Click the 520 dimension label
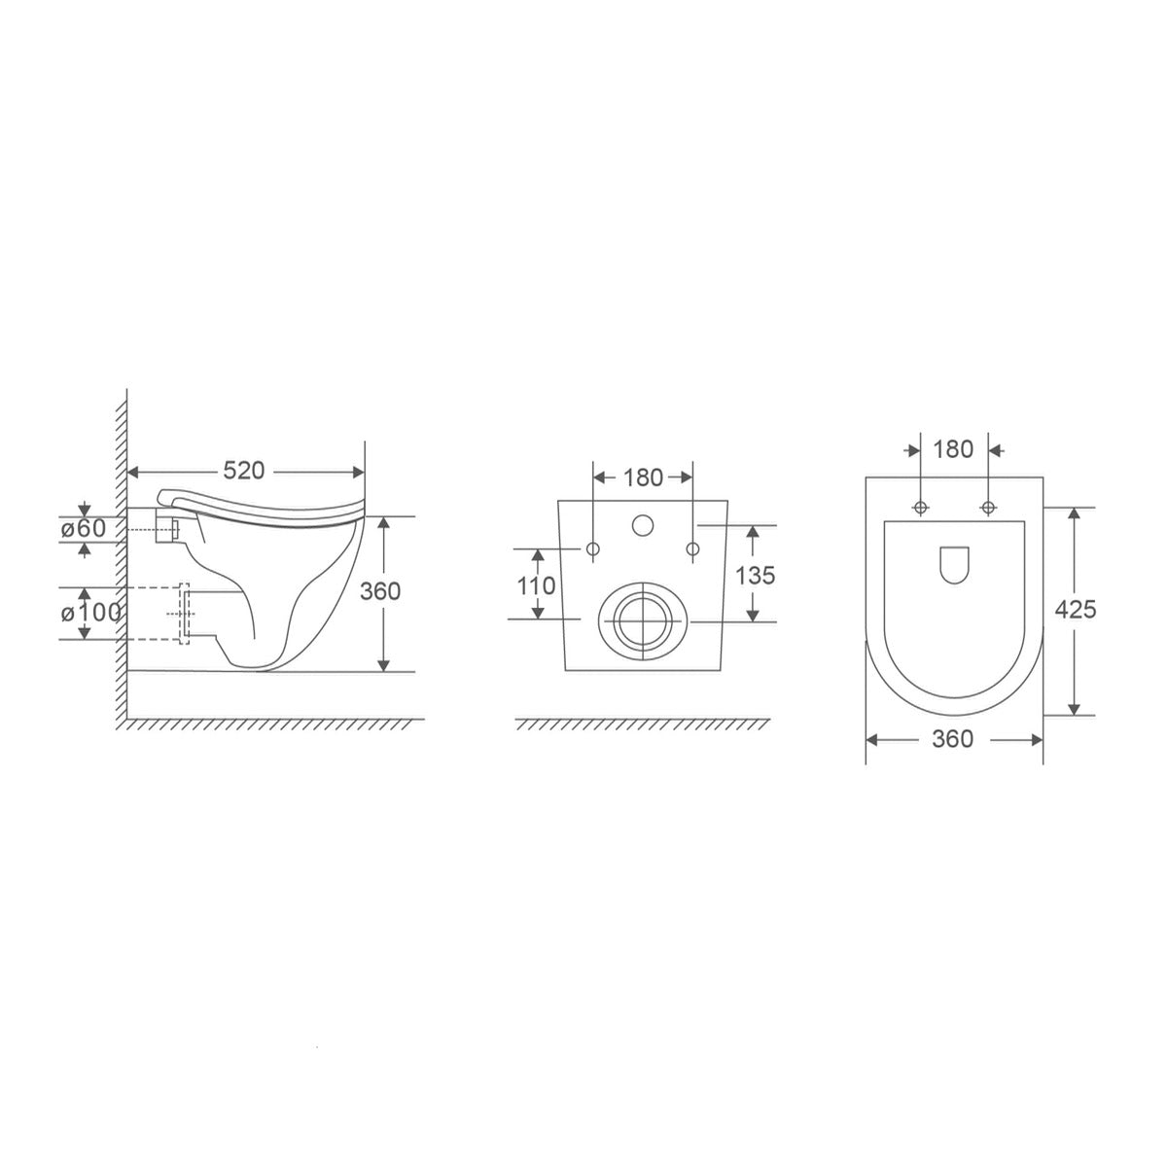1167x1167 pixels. pos(243,471)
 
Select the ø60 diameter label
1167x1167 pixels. pos(84,528)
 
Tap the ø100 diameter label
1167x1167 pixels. pos(90,613)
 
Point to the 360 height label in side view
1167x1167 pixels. pos(380,591)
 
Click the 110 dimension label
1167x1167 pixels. pos(536,585)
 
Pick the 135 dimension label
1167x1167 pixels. pos(756,576)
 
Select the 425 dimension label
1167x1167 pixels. pos(1076,609)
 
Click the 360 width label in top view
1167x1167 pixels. pos(953,739)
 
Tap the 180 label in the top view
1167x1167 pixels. pos(953,449)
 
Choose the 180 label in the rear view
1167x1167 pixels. pos(643,477)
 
